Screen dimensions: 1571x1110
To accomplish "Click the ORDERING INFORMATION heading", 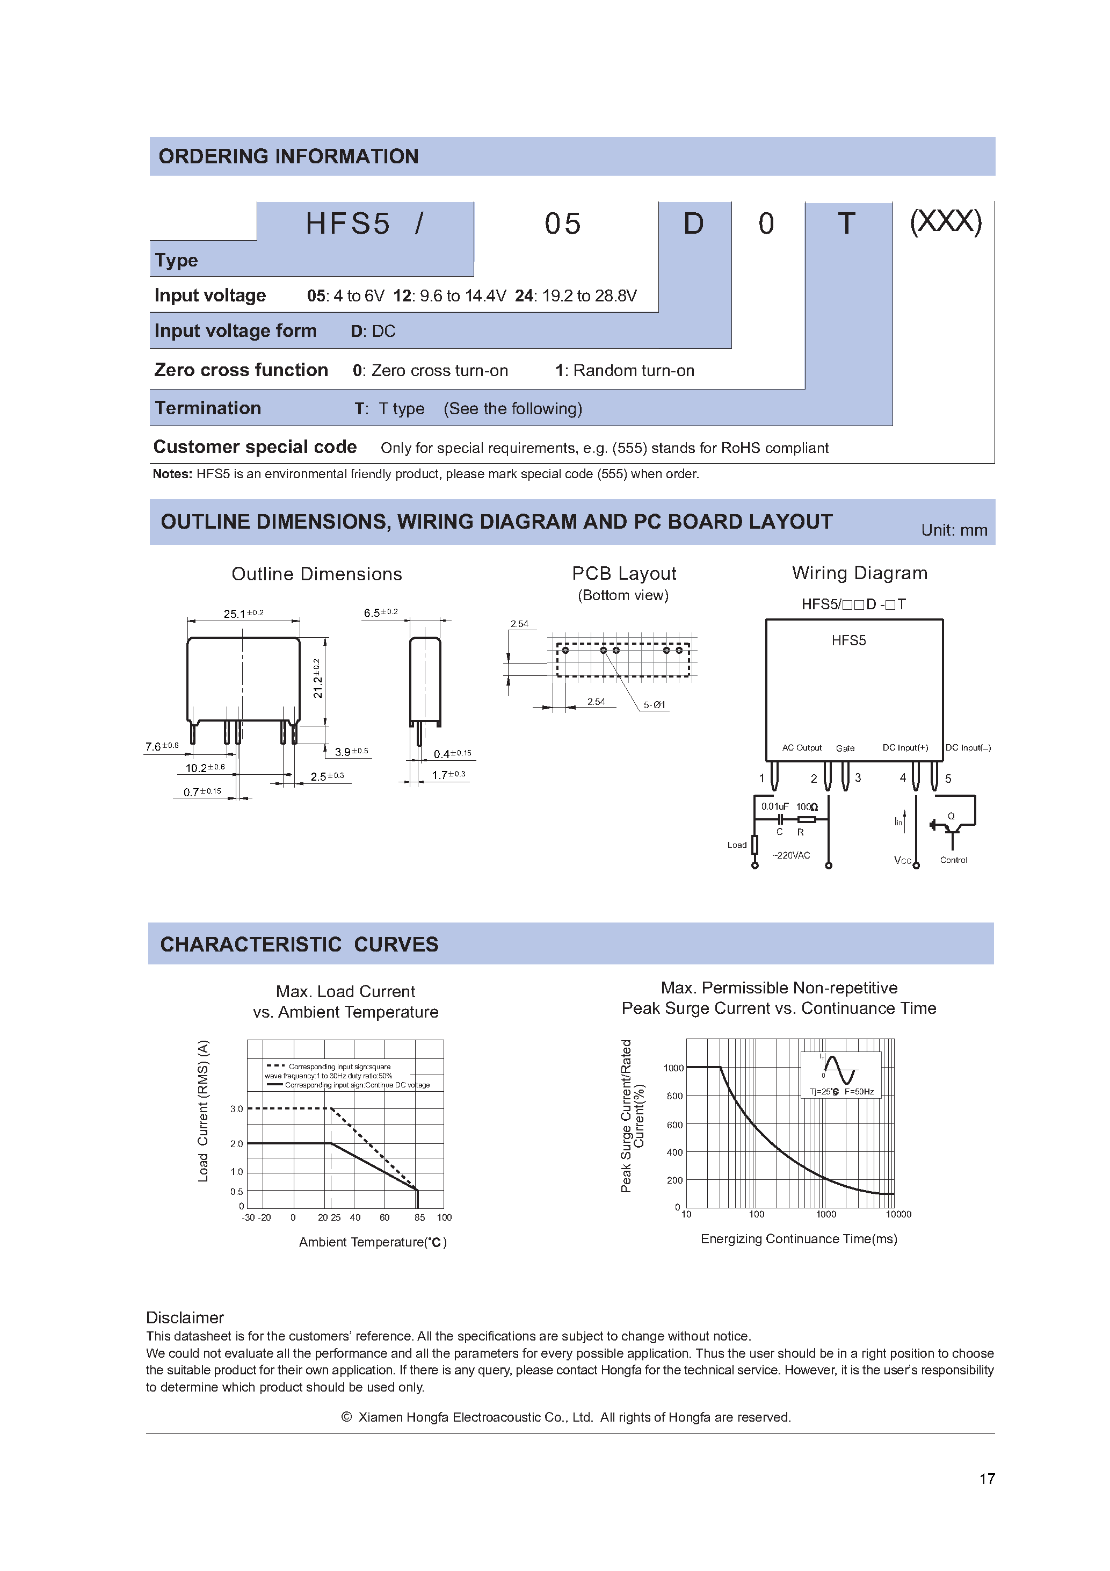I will (288, 157).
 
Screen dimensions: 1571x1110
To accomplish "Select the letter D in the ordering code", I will (693, 224).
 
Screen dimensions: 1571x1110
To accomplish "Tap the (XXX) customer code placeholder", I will (945, 222).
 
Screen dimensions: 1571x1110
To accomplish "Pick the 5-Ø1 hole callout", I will (654, 705).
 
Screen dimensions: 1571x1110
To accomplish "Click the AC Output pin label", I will (802, 748).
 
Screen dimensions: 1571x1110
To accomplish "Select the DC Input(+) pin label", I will (905, 748).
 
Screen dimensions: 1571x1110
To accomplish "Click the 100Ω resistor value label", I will (807, 806).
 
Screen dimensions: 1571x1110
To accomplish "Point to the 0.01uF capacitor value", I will (774, 806).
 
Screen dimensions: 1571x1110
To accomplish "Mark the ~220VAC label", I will (792, 855).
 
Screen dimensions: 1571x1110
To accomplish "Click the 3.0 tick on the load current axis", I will (237, 1108).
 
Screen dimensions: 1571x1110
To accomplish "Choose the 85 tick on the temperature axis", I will (419, 1217).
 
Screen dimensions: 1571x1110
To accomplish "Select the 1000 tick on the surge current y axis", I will (673, 1068).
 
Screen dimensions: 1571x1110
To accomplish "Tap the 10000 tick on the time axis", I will (898, 1214).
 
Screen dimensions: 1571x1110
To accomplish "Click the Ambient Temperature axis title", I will (372, 1242).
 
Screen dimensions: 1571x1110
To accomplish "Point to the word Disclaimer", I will (185, 1317).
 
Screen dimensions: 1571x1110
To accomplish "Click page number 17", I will (986, 1479).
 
